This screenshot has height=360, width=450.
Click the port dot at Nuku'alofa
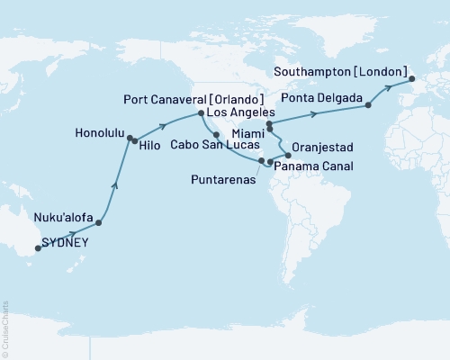(98, 221)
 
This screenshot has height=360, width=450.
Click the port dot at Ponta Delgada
(367, 106)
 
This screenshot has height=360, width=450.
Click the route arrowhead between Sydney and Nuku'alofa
(70, 234)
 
